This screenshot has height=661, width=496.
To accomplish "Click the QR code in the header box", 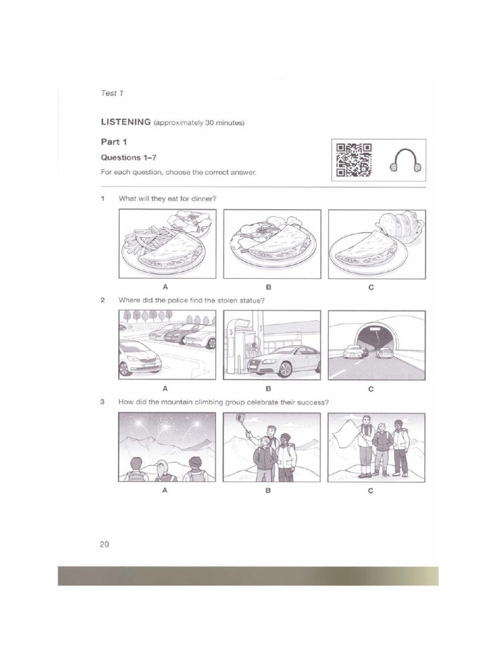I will pyautogui.click(x=354, y=160).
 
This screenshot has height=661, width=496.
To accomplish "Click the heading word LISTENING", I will pyautogui.click(x=125, y=121).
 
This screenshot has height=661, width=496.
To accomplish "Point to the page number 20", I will pyautogui.click(x=104, y=544).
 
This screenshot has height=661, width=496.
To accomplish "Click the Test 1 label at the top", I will pyautogui.click(x=112, y=93).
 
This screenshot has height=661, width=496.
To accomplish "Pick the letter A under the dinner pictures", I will pyautogui.click(x=165, y=287).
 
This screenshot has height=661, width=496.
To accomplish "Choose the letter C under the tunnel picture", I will pyautogui.click(x=371, y=389).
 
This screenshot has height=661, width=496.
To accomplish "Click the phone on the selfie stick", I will pyautogui.click(x=241, y=417).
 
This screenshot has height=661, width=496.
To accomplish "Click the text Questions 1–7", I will pyautogui.click(x=120, y=158).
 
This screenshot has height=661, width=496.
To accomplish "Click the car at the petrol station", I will pyautogui.click(x=284, y=361).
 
